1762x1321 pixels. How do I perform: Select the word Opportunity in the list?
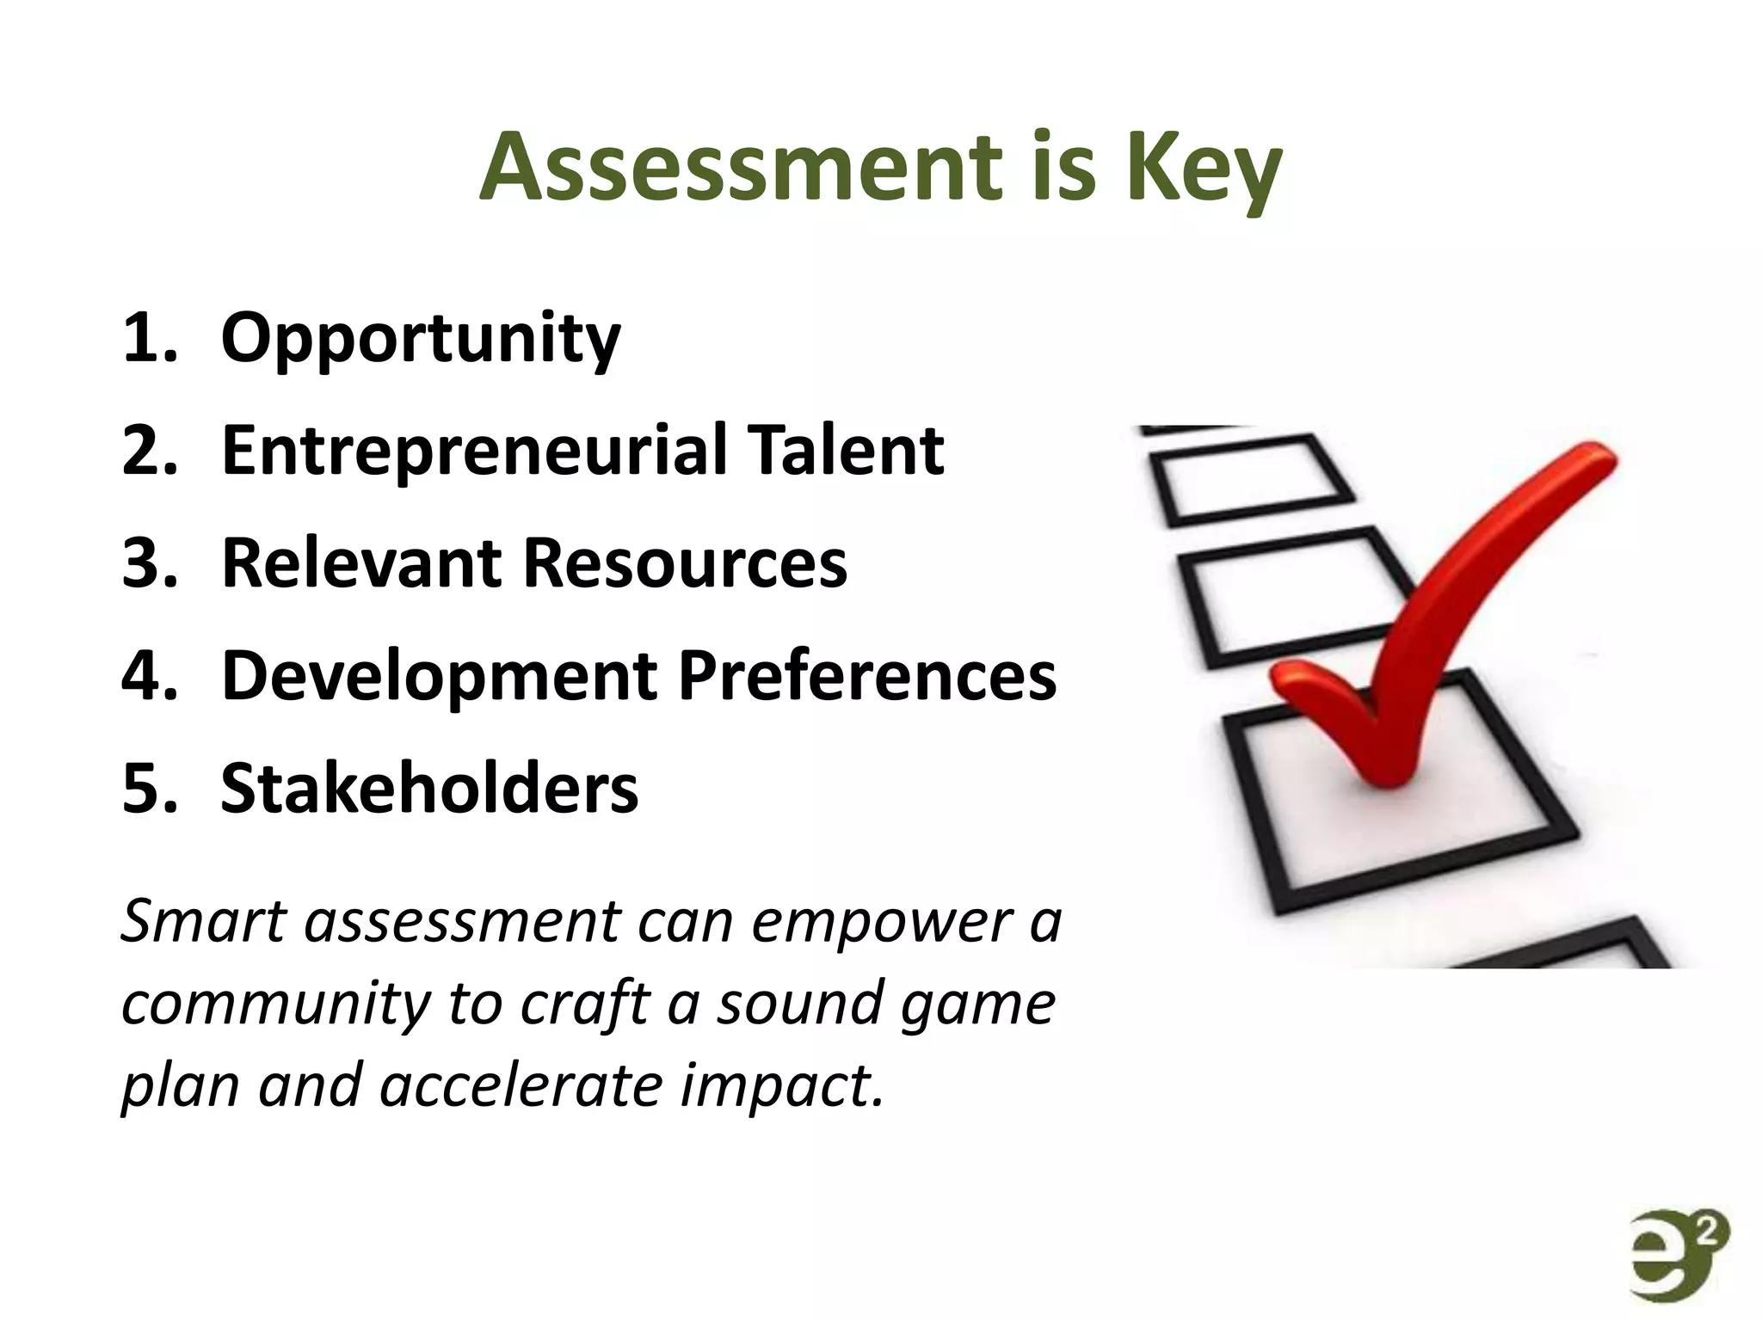click(420, 338)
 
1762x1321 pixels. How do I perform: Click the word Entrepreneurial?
click(474, 451)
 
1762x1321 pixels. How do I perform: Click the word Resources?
click(685, 563)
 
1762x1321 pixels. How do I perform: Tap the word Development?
click(440, 677)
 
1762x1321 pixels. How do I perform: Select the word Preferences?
click(867, 676)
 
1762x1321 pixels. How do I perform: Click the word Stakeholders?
click(429, 789)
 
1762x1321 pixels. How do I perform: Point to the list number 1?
click(148, 338)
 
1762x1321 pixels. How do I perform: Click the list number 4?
click(148, 676)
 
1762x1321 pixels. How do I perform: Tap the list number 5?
click(148, 789)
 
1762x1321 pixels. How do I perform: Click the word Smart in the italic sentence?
click(203, 921)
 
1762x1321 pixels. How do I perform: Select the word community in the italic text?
click(275, 1005)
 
